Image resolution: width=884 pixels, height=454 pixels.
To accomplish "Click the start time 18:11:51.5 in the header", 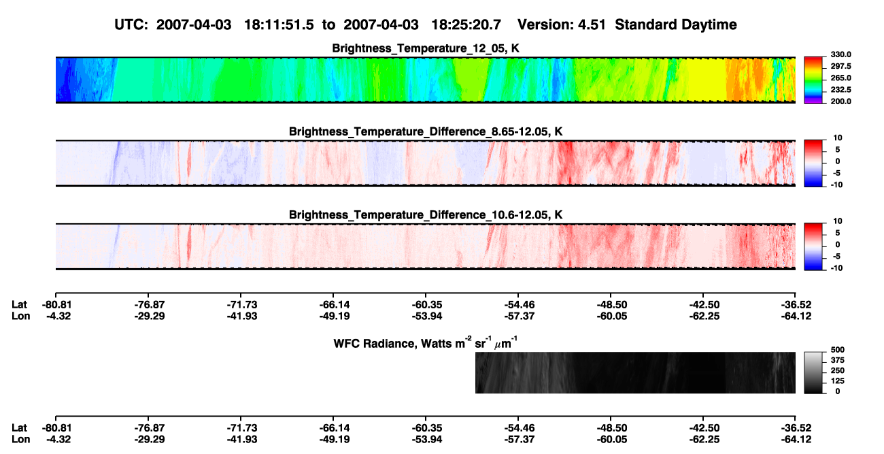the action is [279, 25].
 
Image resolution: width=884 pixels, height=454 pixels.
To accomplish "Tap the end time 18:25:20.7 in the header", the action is [466, 25].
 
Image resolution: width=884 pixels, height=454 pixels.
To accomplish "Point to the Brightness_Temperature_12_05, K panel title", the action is [426, 48].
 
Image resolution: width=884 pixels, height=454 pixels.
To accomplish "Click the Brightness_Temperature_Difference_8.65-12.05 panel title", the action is [426, 131].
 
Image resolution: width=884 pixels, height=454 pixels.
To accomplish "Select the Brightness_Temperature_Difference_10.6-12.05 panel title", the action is [426, 215].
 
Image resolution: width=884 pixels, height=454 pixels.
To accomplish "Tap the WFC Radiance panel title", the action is [426, 342].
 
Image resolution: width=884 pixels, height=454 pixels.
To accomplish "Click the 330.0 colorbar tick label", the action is [840, 54].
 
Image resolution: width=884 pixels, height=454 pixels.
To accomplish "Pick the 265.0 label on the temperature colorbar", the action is [840, 78].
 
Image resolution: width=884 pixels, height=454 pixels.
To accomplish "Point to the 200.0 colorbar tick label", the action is [840, 101].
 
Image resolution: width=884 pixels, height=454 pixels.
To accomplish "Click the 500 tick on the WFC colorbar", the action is [838, 350].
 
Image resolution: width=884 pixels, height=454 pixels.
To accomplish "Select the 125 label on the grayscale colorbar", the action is [838, 381].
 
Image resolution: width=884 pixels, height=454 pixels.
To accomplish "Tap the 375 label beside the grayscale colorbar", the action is [838, 360].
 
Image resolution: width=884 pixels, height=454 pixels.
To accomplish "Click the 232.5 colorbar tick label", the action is [840, 90].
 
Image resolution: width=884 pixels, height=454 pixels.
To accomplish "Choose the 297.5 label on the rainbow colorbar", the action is [840, 66].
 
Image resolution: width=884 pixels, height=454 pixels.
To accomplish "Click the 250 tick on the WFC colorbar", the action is [838, 371].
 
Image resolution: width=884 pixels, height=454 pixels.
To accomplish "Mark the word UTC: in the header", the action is [131, 25].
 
